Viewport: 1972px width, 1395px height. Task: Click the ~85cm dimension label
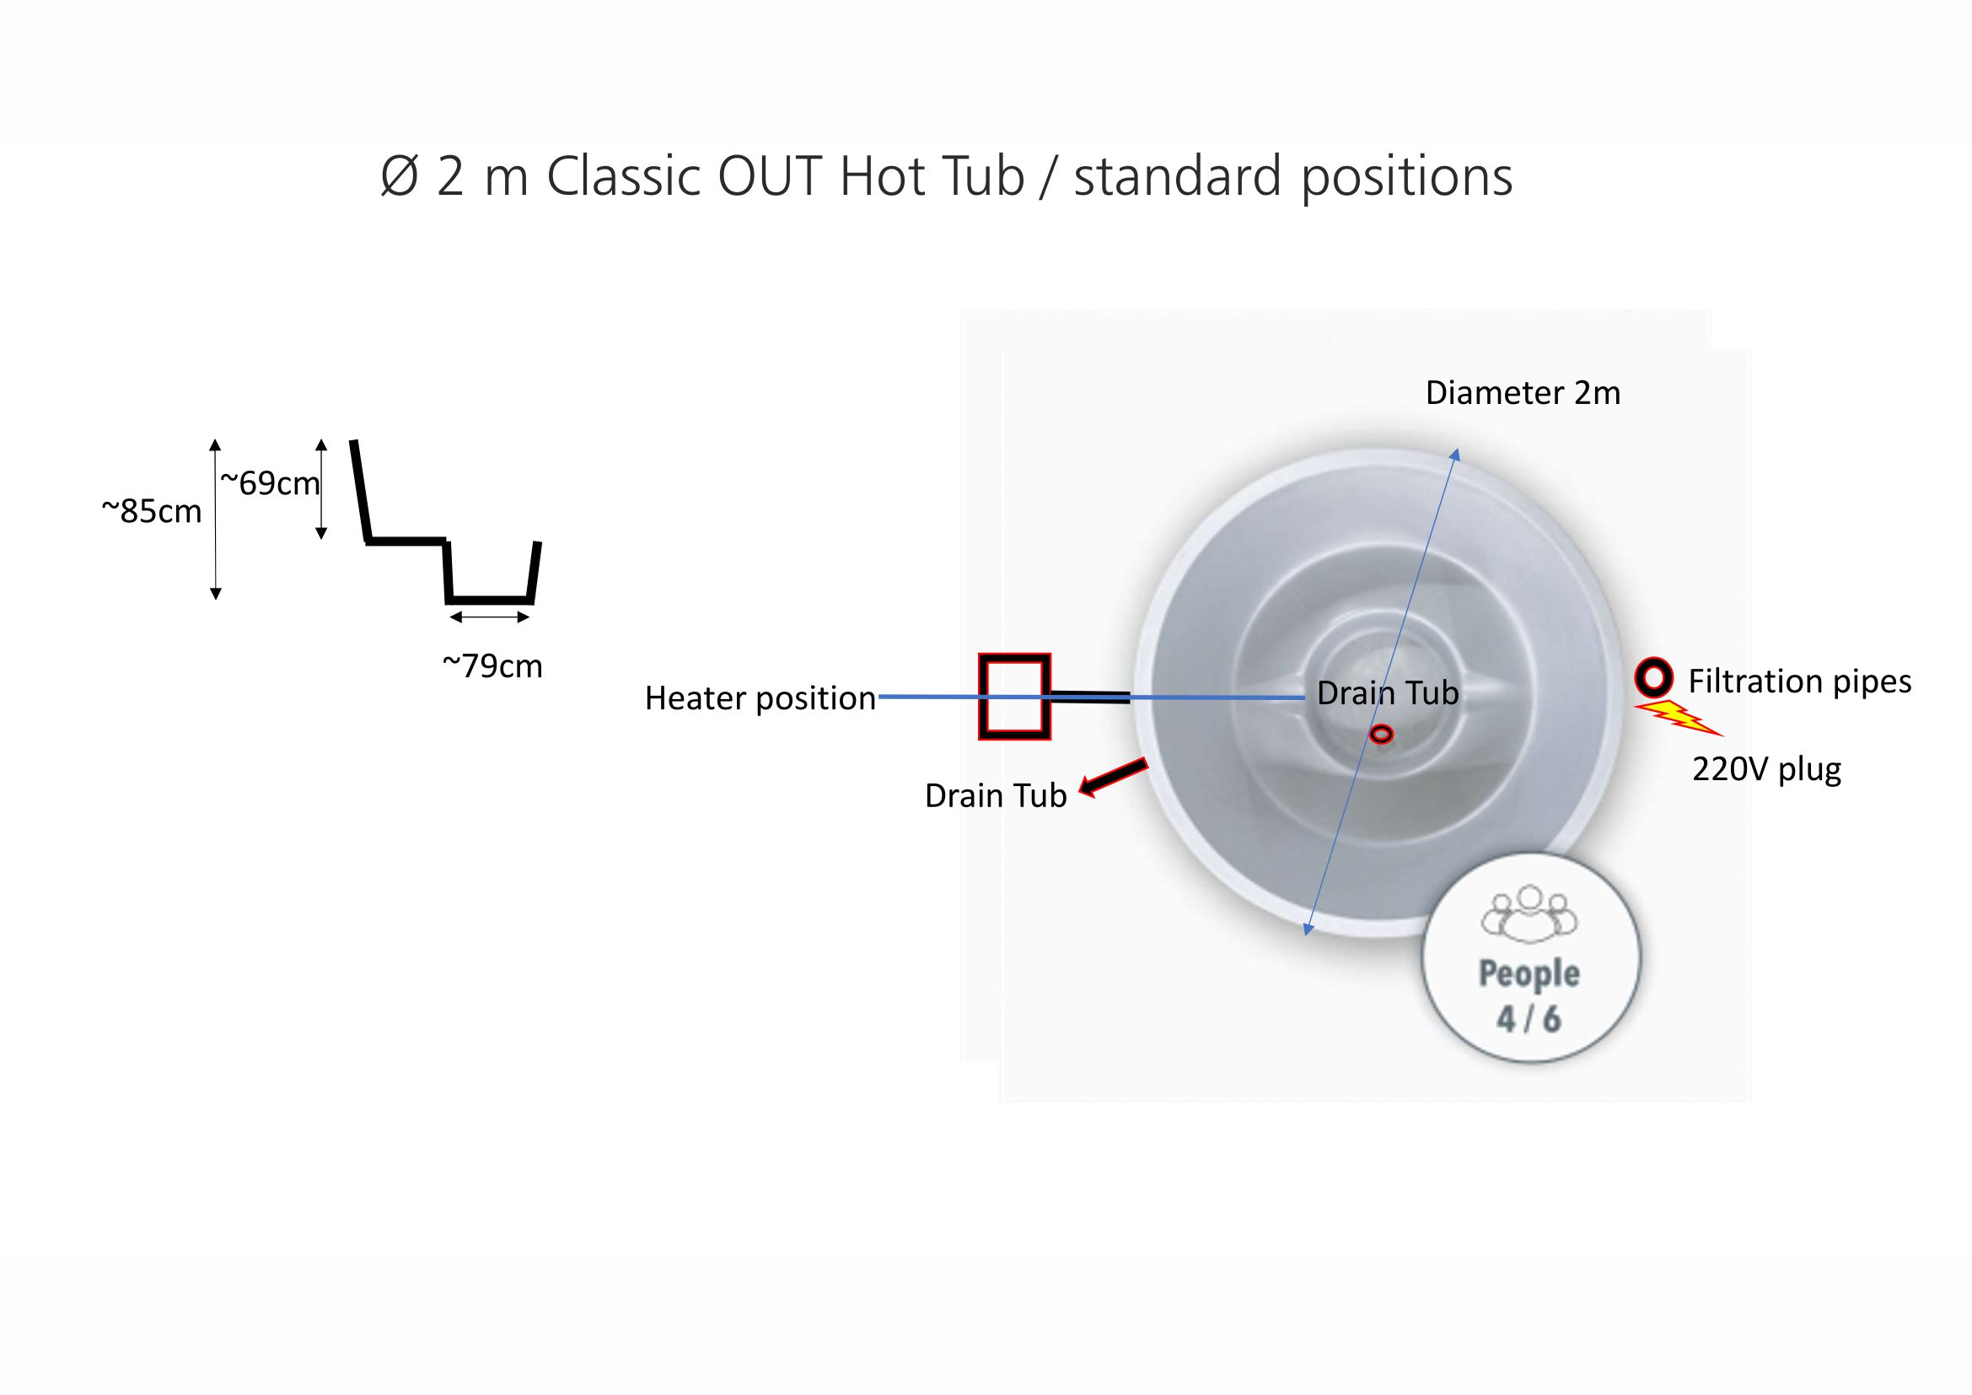coord(152,511)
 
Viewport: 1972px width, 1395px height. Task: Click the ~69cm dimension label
coord(271,483)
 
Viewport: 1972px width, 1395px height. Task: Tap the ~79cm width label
coord(492,665)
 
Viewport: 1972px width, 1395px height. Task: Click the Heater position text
coord(760,698)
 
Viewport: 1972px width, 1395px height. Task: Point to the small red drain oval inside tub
coord(1381,735)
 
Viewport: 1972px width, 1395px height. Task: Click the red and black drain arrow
coord(1113,778)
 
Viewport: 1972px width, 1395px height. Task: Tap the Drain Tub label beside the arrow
coord(996,795)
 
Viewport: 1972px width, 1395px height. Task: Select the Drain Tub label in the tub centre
coord(1388,692)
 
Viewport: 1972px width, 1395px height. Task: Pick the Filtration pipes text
coord(1799,681)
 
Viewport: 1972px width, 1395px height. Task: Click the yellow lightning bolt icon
coord(1679,718)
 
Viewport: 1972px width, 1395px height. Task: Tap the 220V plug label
coord(1767,769)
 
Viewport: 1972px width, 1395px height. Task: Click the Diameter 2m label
coord(1523,392)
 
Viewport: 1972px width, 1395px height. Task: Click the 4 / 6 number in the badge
coord(1529,1020)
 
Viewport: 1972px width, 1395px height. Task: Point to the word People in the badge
coord(1529,973)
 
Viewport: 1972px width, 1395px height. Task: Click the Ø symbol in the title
coord(400,177)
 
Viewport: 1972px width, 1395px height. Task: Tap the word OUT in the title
coord(769,176)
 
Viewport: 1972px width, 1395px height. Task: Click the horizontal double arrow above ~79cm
coord(490,617)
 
